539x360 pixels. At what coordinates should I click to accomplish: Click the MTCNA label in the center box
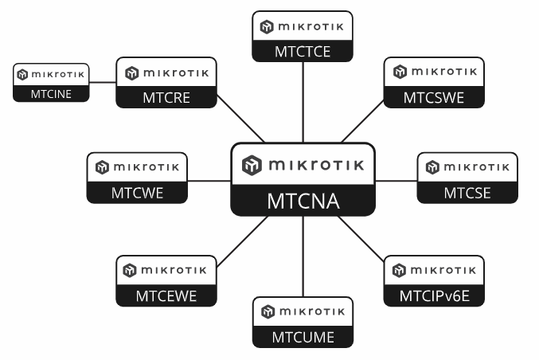pyautogui.click(x=303, y=202)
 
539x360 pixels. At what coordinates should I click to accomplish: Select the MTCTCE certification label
pyautogui.click(x=303, y=52)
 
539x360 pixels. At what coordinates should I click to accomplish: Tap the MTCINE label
pyautogui.click(x=51, y=94)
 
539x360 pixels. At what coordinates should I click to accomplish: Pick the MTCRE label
pyautogui.click(x=166, y=98)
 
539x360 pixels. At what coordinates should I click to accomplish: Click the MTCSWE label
pyautogui.click(x=434, y=98)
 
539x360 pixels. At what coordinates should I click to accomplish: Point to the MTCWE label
pyautogui.click(x=137, y=194)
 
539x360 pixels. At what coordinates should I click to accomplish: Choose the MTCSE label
pyautogui.click(x=467, y=194)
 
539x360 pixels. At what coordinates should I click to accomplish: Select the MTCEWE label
pyautogui.click(x=166, y=296)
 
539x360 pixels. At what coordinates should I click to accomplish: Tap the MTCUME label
pyautogui.click(x=303, y=338)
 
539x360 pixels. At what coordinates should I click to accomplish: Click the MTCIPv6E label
pyautogui.click(x=435, y=296)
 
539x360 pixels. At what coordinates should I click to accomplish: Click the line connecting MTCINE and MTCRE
pyautogui.click(x=103, y=82)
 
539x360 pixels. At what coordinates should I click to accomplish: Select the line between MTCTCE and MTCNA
pyautogui.click(x=303, y=102)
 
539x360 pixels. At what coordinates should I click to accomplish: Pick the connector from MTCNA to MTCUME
pyautogui.click(x=303, y=256)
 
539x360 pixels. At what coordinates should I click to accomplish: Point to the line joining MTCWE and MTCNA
pyautogui.click(x=209, y=181)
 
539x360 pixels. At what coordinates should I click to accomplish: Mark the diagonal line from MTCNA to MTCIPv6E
pyautogui.click(x=361, y=239)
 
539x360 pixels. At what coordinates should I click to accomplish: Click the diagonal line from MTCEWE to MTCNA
pyautogui.click(x=243, y=241)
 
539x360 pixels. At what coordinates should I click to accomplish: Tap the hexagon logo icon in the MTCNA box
pyautogui.click(x=252, y=165)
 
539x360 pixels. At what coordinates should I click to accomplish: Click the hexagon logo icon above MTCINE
pyautogui.click(x=22, y=75)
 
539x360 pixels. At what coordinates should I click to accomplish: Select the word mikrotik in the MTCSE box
pyautogui.click(x=476, y=167)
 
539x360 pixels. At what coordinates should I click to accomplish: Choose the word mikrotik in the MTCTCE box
pyautogui.click(x=311, y=26)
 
